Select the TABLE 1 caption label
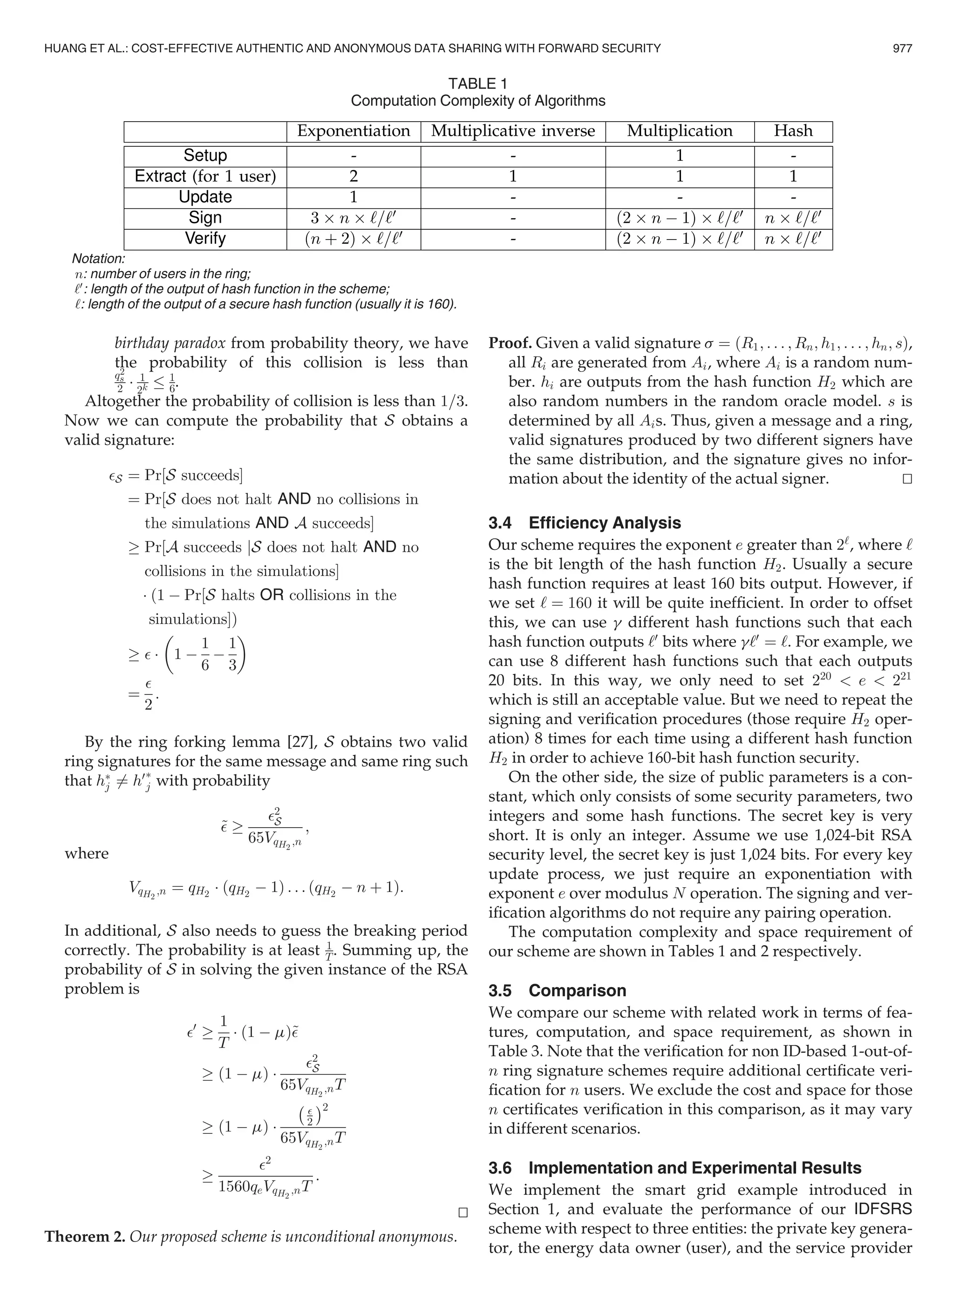pos(477,84)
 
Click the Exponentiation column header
pos(354,131)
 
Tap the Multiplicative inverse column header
pos(513,131)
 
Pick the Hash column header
pos(793,131)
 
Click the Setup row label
pos(205,155)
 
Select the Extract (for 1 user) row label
pos(205,176)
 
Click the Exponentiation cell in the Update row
pos(354,197)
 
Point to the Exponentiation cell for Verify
pos(354,239)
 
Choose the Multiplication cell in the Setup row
pos(680,155)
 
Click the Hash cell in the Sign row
pos(793,218)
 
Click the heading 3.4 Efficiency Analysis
pos(585,523)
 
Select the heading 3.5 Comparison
pos(557,991)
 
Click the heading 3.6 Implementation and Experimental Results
pos(675,1152)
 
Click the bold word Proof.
pos(510,343)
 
